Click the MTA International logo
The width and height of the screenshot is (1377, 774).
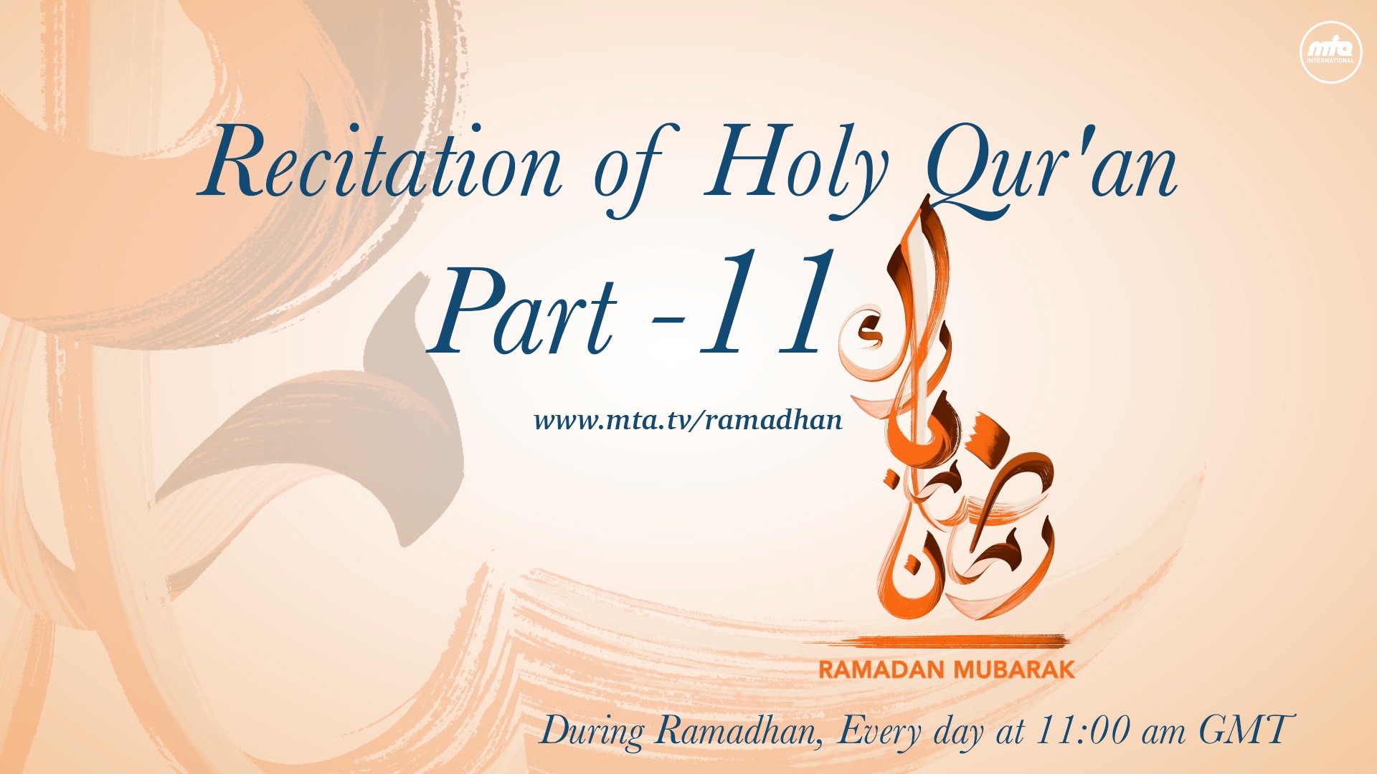pos(1330,52)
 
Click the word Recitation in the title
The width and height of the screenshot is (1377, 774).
pos(380,162)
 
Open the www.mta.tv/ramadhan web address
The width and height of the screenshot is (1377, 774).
pos(688,420)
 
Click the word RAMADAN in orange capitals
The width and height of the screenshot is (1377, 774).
pos(881,670)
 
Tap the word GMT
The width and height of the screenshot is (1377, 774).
pos(1246,730)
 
